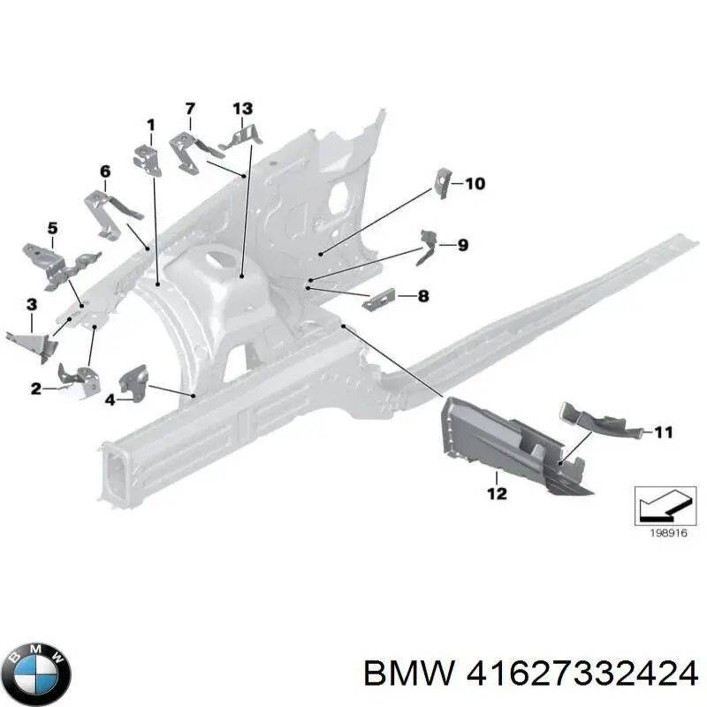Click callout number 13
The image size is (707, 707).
[x=242, y=109]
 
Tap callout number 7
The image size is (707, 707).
[x=190, y=109]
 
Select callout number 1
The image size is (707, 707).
[x=150, y=125]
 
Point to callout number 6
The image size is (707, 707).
[x=104, y=171]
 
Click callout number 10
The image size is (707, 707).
[x=475, y=184]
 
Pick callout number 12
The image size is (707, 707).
[x=497, y=493]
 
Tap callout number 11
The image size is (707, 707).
[x=664, y=432]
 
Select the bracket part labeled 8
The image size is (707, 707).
[x=379, y=299]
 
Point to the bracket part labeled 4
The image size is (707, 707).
[x=133, y=382]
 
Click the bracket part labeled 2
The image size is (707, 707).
[x=80, y=382]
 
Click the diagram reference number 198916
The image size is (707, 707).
[x=668, y=533]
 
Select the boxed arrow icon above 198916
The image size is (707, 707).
[x=665, y=506]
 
